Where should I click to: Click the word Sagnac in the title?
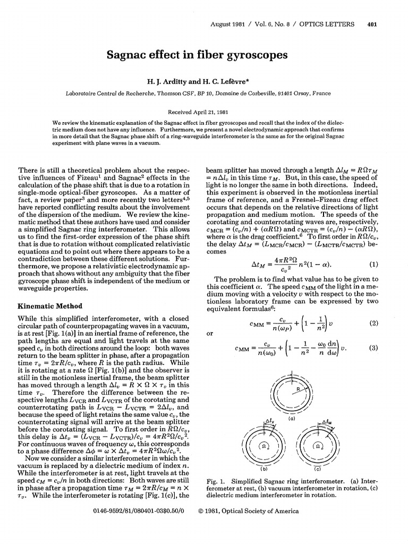pos(128,55)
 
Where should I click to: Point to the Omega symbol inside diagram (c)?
pos(318,448)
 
